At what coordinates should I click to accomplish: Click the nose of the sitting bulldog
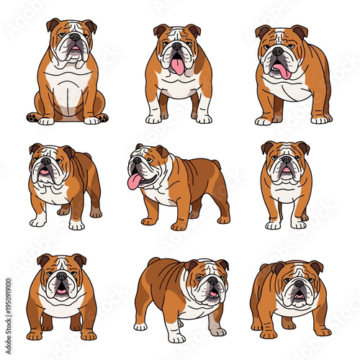[x=75, y=37]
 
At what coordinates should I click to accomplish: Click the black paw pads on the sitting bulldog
[x=32, y=117]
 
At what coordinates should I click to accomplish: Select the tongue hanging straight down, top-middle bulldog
[x=177, y=66]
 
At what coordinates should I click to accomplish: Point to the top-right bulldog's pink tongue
[x=282, y=71]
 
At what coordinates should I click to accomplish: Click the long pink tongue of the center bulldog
[x=134, y=182]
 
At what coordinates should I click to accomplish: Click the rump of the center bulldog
[x=216, y=176]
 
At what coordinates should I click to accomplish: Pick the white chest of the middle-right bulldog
[x=286, y=193]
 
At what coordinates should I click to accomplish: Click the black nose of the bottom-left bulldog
[x=62, y=276]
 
